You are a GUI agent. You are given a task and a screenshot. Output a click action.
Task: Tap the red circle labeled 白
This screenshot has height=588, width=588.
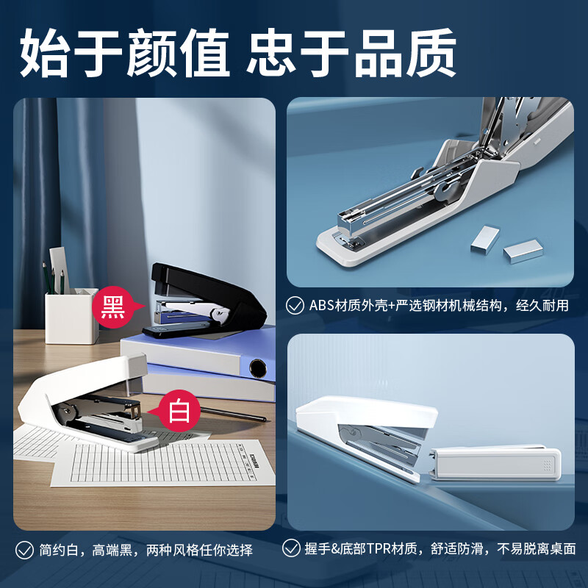click(x=179, y=410)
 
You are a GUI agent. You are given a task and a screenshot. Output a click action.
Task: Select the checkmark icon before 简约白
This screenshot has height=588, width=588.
click(x=26, y=549)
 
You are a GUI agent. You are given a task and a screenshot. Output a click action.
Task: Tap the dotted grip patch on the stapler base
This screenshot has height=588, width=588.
click(x=545, y=465)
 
